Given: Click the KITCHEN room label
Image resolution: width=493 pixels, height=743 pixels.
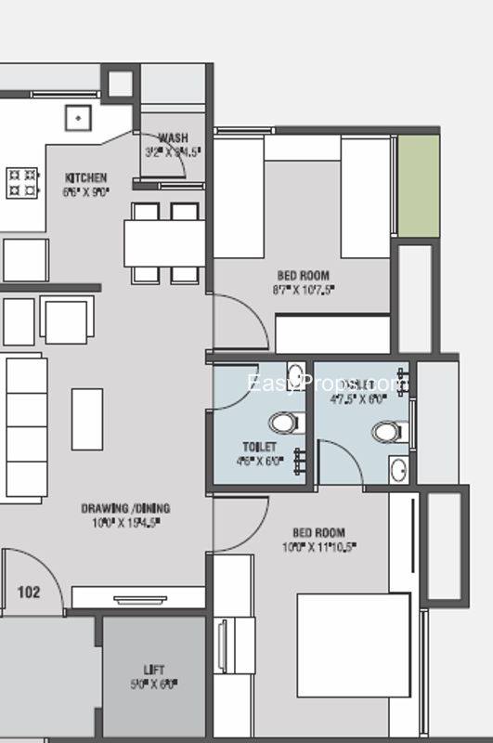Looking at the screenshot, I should pyautogui.click(x=85, y=177).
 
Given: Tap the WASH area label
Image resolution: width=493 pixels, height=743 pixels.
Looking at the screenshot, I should pyautogui.click(x=173, y=139).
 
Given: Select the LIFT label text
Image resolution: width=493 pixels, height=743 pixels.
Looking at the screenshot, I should pyautogui.click(x=154, y=669).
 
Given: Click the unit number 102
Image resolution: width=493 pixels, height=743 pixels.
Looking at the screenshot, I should pyautogui.click(x=29, y=592).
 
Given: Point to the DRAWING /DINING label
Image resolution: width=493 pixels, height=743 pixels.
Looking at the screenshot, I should pyautogui.click(x=125, y=509).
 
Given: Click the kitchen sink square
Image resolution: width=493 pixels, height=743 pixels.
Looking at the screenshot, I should pyautogui.click(x=78, y=118).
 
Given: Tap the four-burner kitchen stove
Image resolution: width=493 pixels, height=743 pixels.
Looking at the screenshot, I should pyautogui.click(x=23, y=182).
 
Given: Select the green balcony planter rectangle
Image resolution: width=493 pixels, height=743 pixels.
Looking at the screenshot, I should pyautogui.click(x=418, y=186).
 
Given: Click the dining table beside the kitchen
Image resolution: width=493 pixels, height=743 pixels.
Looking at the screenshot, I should pyautogui.click(x=164, y=242).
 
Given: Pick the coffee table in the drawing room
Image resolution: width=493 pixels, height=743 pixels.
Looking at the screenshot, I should pyautogui.click(x=86, y=419).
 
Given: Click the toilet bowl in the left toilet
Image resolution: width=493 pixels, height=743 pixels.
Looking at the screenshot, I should pyautogui.click(x=284, y=423).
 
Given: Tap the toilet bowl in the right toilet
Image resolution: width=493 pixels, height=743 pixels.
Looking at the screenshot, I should pyautogui.click(x=388, y=432).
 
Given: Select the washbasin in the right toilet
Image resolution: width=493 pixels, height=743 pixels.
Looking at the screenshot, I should pyautogui.click(x=398, y=470).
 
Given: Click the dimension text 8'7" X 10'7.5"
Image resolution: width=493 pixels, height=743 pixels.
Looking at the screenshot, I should pyautogui.click(x=304, y=290).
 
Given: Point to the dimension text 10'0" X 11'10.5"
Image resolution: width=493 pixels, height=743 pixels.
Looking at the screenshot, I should pyautogui.click(x=319, y=546).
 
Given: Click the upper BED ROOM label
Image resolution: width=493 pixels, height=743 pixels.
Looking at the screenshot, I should pyautogui.click(x=304, y=276).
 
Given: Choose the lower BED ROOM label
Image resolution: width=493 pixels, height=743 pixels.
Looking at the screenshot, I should pyautogui.click(x=319, y=533).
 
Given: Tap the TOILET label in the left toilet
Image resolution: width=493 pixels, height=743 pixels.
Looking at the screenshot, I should pyautogui.click(x=260, y=447).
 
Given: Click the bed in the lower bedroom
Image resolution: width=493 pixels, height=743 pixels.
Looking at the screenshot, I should pyautogui.click(x=353, y=664).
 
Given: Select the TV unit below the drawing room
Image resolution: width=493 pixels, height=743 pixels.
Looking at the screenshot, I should pyautogui.click(x=138, y=598).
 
